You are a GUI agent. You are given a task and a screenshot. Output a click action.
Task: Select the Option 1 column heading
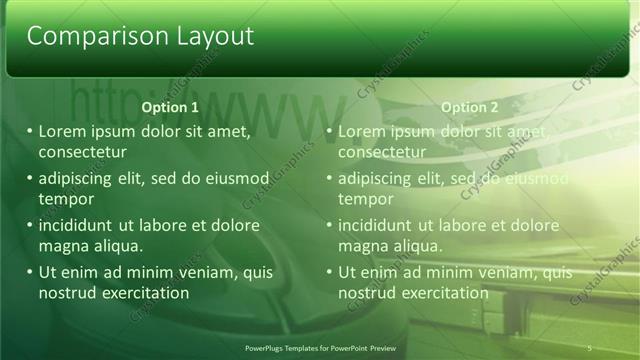170,107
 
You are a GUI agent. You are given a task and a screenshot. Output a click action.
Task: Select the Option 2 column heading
469,107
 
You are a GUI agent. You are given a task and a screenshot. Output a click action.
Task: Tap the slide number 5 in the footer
590,347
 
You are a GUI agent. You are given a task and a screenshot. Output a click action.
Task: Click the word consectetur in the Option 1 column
82,153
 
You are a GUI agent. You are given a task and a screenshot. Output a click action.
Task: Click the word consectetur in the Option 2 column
382,153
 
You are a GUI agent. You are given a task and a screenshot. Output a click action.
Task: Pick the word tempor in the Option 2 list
366,199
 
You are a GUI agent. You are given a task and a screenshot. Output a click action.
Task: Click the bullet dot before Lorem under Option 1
30,132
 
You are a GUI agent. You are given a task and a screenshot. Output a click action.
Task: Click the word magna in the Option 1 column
64,246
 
